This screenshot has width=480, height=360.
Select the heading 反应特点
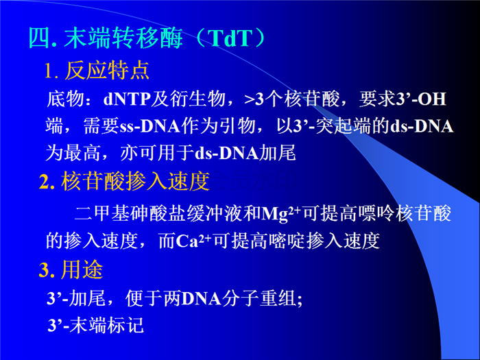tap(107, 71)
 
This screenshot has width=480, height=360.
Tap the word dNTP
tap(127, 99)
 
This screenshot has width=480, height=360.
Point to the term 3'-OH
tap(421, 99)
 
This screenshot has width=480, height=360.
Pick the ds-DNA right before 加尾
tap(227, 153)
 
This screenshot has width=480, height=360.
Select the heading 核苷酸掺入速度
tap(135, 181)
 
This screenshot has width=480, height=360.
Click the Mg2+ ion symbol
tap(282, 213)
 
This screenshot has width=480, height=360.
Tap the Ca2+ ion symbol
tap(194, 241)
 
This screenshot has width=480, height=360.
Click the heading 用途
tap(82, 269)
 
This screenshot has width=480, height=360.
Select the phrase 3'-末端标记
tap(96, 325)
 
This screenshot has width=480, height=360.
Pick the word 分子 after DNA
tap(240, 298)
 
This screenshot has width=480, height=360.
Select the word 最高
tap(82, 153)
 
